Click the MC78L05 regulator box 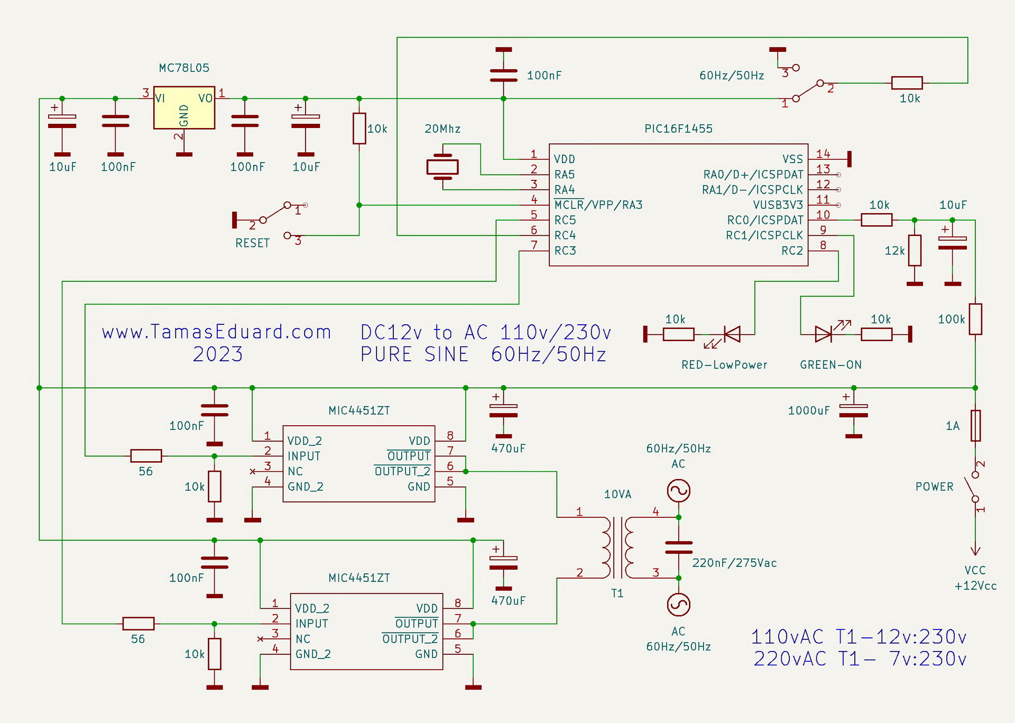(x=184, y=108)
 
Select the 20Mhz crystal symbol (x=442, y=167)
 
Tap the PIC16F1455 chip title (x=678, y=129)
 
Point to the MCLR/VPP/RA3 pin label (x=598, y=205)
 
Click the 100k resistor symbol (x=975, y=319)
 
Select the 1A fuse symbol (x=975, y=425)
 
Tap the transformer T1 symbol (x=617, y=547)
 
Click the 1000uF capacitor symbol (x=853, y=415)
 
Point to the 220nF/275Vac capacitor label (x=734, y=563)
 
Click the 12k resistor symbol (x=915, y=251)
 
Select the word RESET (x=252, y=243)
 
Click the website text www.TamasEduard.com (x=216, y=332)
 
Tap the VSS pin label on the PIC (x=792, y=159)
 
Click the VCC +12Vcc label (x=975, y=578)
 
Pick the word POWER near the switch (x=934, y=487)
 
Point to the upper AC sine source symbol (x=678, y=491)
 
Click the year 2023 (x=217, y=354)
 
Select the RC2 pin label (x=792, y=251)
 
